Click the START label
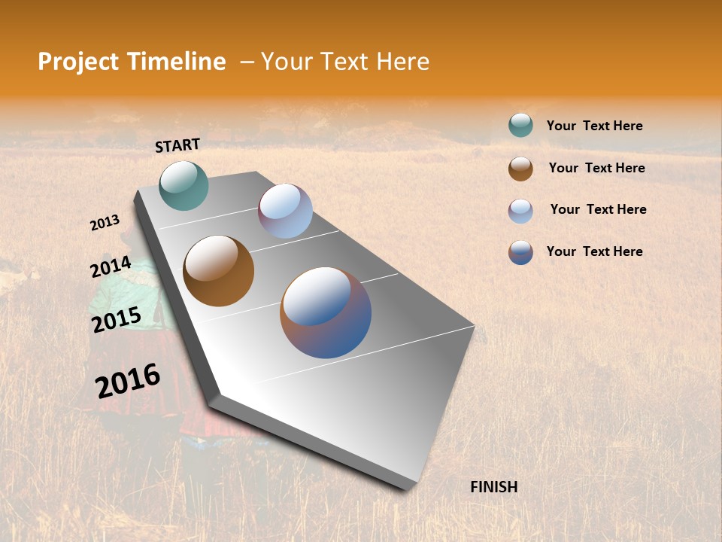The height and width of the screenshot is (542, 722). tap(177, 145)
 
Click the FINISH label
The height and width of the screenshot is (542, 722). tap(493, 487)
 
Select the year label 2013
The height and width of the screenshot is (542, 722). tap(105, 223)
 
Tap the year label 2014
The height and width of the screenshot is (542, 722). tap(111, 267)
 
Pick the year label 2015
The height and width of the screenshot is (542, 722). tap(117, 319)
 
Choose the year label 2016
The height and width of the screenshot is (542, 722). tap(128, 381)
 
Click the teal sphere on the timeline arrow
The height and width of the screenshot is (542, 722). tap(184, 185)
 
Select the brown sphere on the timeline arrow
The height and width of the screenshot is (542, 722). tap(218, 271)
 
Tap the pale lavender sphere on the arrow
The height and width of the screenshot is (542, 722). tap(285, 211)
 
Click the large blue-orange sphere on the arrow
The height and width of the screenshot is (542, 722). tap(326, 312)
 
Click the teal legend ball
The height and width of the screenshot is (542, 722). tap(520, 125)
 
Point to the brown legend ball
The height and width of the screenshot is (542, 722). tap(520, 169)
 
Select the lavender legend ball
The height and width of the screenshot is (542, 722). tap(520, 211)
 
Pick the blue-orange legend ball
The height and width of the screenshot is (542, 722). tap(520, 252)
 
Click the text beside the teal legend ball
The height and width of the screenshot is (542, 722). tap(594, 126)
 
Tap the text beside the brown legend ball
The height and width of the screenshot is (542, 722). tap(596, 168)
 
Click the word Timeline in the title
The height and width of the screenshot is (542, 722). tap(177, 62)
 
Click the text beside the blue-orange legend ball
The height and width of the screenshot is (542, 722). tap(594, 251)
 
